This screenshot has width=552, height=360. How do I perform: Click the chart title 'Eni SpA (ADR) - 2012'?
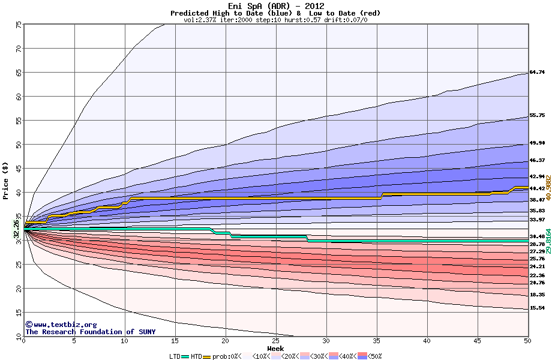pos(275,5)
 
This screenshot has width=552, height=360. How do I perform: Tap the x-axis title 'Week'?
pos(276,348)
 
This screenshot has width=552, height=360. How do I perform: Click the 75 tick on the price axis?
pos(19,25)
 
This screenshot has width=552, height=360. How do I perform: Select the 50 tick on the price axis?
pos(19,145)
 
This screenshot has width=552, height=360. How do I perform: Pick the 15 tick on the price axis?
pos(19,313)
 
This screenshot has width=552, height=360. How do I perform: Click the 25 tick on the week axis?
pos(275,341)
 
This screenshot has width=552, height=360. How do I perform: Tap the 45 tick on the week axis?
pos(477,341)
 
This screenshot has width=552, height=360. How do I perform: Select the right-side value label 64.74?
pos(536,72)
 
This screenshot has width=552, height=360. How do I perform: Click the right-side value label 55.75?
pos(536,115)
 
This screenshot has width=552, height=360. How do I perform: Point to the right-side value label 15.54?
pos(536,308)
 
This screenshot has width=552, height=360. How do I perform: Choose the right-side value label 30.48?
pos(536,236)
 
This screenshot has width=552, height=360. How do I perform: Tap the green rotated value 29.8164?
pos(548,241)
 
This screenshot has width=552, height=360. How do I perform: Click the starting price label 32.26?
pos(17,229)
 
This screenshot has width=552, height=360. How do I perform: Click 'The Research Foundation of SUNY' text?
pos(90,332)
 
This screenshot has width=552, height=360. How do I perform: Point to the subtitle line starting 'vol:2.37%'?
pos(275,20)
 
